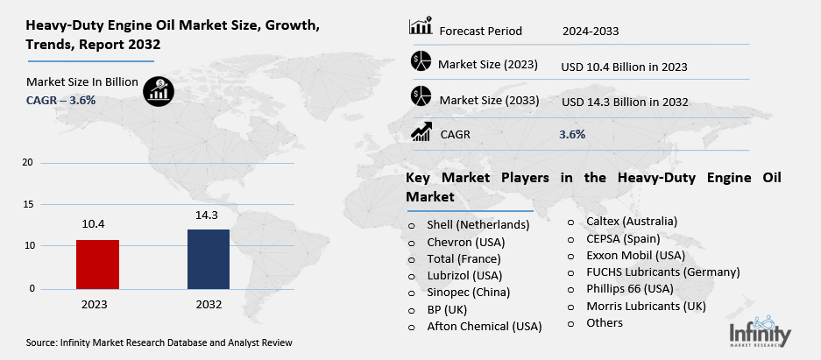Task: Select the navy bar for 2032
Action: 209,258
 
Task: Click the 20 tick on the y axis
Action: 27,163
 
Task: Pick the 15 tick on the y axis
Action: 27,204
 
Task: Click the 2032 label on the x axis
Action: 209,305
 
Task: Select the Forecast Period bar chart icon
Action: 421,28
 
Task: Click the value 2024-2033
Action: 591,32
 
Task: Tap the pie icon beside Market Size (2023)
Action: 421,63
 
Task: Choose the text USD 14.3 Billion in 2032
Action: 625,102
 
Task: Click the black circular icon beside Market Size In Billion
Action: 159,89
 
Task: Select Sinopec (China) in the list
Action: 469,292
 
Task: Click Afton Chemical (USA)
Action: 485,326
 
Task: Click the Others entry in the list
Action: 605,322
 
